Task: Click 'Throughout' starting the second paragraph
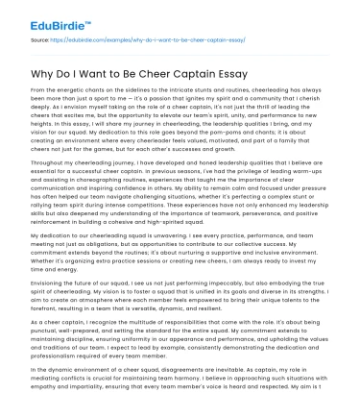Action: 55,165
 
